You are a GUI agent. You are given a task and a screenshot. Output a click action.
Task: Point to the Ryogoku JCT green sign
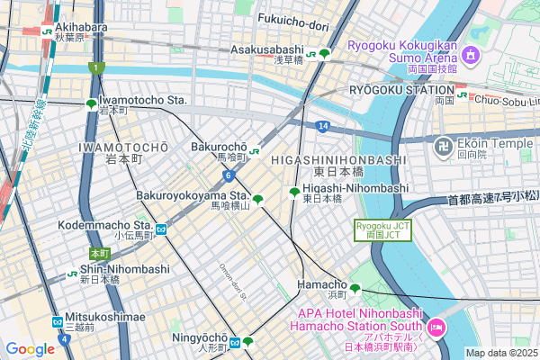point(382,229)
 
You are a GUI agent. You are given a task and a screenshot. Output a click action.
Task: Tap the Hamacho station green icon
point(355,289)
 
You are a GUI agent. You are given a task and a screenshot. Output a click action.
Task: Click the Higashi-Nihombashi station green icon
point(294,191)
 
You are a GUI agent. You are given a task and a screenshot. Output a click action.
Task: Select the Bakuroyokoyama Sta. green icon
point(258,200)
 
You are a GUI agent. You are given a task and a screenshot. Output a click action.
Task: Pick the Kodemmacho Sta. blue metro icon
point(160,229)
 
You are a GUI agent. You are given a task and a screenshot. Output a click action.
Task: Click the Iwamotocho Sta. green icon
point(91,104)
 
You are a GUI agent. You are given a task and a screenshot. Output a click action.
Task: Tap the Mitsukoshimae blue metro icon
point(58,320)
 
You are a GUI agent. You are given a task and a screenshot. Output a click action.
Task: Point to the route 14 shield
point(322,126)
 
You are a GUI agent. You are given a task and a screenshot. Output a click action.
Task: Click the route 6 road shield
point(229,175)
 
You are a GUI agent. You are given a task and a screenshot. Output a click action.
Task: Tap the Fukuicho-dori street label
point(295,18)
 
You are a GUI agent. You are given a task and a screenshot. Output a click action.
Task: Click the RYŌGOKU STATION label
point(400,90)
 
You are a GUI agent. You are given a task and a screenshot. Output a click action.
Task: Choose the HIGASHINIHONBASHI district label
point(332,159)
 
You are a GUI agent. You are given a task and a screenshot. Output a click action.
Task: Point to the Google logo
point(30,349)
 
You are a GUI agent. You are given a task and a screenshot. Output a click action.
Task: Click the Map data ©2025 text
point(500,353)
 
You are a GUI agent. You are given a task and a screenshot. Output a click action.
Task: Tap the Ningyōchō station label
point(199,337)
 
